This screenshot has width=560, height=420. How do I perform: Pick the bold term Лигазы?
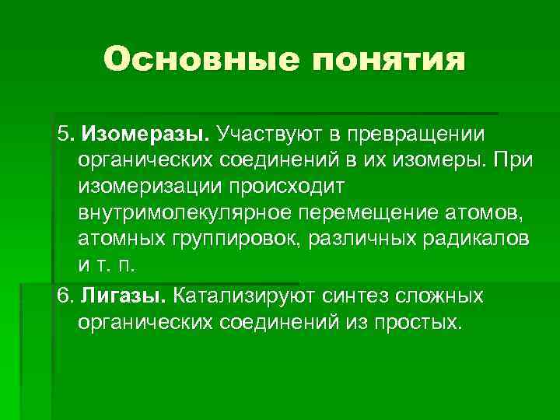(x=129, y=296)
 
